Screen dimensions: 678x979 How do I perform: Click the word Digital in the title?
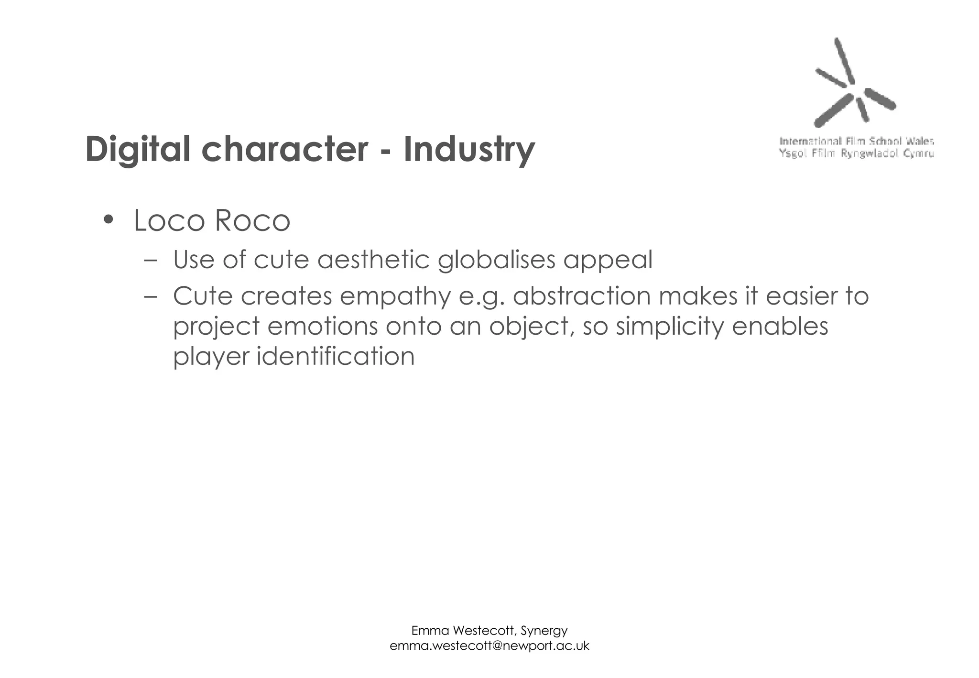138,149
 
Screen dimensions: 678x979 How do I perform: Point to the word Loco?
169,220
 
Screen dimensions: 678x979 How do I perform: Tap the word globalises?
496,260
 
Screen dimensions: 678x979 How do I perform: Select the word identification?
336,356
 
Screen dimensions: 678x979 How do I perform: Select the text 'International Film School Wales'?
856,141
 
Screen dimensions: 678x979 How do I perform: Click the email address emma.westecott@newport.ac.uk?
489,646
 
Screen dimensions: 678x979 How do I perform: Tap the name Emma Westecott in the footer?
463,631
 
